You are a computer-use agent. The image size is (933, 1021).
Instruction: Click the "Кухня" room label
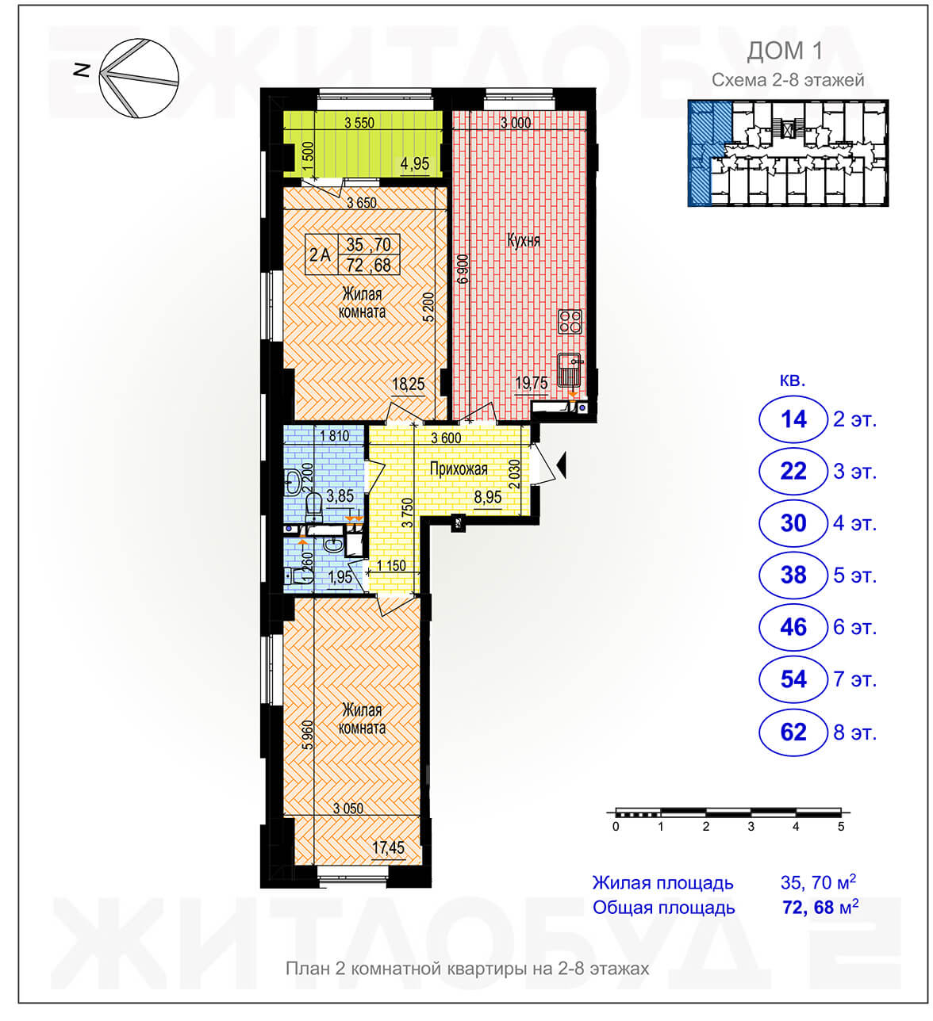coord(523,240)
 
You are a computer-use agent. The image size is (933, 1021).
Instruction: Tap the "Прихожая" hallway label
coord(458,468)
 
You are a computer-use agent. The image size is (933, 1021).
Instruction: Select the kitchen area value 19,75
coord(531,382)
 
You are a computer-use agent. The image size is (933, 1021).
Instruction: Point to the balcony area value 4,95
coord(414,164)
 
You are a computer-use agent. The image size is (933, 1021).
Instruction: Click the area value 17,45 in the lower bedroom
coord(388,847)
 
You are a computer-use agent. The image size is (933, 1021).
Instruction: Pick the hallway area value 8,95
coord(488,497)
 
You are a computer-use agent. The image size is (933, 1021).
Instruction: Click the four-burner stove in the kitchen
coord(570,321)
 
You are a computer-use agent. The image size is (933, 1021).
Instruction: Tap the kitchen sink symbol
coord(570,370)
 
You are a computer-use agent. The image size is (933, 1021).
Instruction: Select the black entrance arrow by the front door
coord(562,465)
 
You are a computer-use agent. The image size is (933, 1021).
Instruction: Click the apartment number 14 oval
coord(793,420)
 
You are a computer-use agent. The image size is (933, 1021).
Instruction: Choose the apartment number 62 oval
coord(793,732)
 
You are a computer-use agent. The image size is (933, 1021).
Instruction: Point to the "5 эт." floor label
coord(854,576)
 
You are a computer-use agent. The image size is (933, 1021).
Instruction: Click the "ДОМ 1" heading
coord(785,51)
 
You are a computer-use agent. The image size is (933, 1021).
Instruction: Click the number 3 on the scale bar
coord(750,827)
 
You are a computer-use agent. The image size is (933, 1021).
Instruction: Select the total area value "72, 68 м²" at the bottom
coord(820,907)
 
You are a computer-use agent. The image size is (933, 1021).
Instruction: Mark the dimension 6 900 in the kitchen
coord(463,270)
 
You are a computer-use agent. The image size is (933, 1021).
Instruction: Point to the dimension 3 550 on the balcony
coord(359,123)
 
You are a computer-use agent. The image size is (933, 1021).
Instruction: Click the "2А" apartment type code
coord(320,254)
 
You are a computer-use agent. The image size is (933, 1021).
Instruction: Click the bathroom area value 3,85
coord(340,495)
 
